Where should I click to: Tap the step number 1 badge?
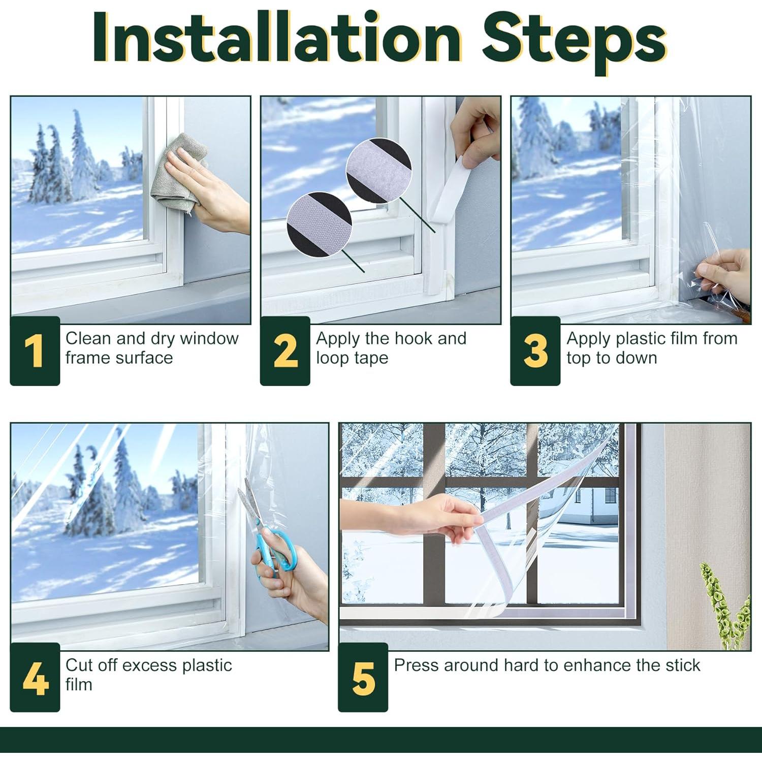tap(35, 351)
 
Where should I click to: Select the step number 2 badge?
tap(285, 351)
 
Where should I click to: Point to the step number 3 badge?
tap(535, 351)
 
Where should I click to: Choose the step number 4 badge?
tap(35, 677)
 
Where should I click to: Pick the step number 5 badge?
tap(363, 677)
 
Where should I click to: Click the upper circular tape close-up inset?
tap(379, 171)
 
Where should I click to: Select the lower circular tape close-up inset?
tap(320, 224)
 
